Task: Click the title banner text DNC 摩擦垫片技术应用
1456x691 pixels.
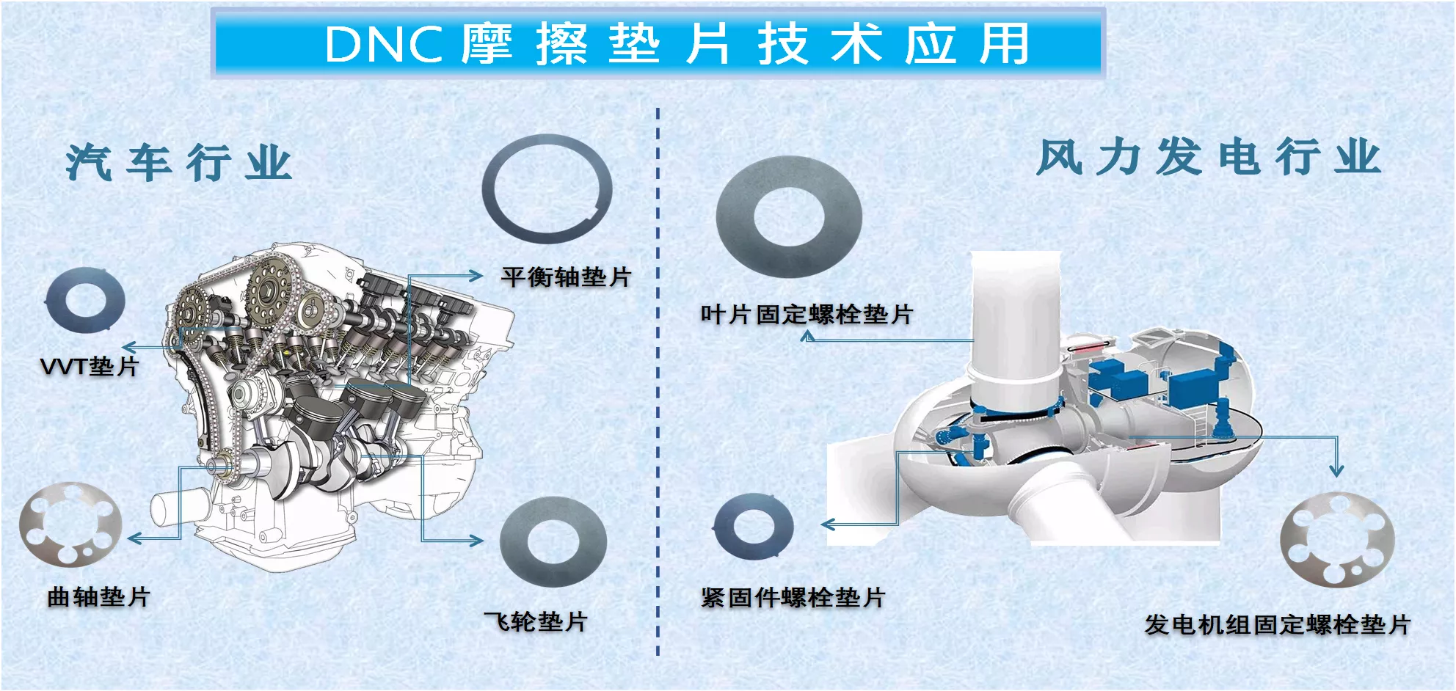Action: point(677,44)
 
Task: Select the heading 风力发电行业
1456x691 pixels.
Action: point(1209,157)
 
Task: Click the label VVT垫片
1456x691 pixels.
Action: point(90,366)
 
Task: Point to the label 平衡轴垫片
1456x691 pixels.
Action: point(566,277)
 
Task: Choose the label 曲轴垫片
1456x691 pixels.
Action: point(98,596)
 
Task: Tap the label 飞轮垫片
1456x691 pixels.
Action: point(536,622)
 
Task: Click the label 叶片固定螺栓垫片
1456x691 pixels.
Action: point(807,315)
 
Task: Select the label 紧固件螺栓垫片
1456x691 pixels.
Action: point(793,597)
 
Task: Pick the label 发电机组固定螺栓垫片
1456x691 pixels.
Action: point(1278,625)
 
